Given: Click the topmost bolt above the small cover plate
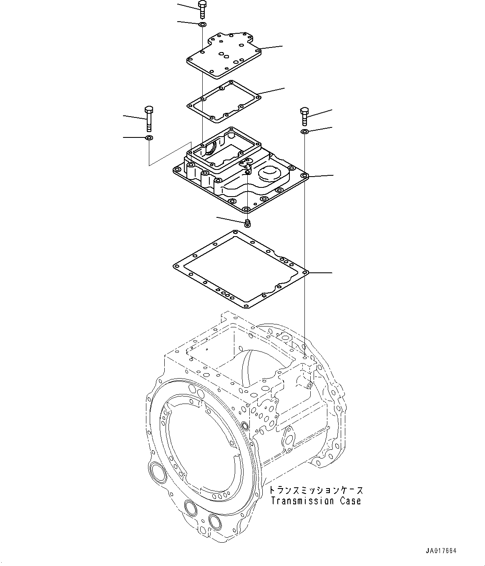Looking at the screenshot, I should pos(202,9).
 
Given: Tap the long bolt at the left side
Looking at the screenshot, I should pos(149,118).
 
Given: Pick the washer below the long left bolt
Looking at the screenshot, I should pos(149,137).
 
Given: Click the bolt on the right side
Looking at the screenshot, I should pos(304,116).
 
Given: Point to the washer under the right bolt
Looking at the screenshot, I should pos(304,132).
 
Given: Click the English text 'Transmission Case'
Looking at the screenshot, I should pos(316,501).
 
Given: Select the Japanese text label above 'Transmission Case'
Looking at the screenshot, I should pos(316,490).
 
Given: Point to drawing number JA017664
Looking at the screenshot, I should pos(441,551).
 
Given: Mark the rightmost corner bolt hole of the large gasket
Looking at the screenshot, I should pos(305,273).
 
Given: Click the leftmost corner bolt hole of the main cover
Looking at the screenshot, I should pos(177,170).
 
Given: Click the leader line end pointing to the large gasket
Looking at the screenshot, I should pos(332,273).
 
